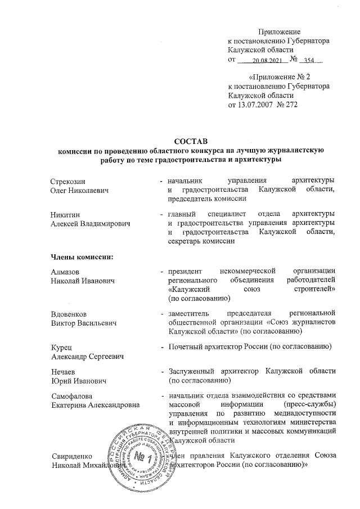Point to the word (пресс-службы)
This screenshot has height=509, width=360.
tap(310, 406)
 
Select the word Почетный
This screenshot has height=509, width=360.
tap(185, 347)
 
